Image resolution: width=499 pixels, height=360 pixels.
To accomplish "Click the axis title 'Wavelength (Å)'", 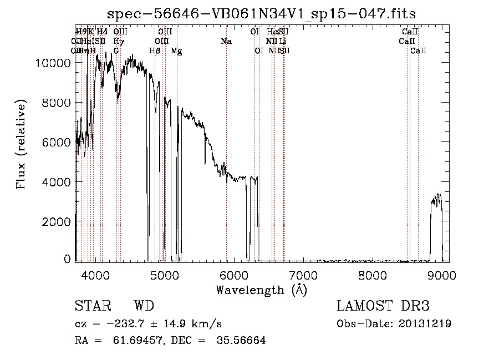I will point(261,290).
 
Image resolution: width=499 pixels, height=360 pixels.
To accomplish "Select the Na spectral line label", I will point(226,41).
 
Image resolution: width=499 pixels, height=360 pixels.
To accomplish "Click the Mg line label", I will point(176,51).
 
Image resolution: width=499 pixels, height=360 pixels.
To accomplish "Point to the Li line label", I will point(283,41).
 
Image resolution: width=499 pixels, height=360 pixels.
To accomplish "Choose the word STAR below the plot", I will point(92,306).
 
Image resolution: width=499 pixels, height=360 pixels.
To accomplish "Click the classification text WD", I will point(144,306).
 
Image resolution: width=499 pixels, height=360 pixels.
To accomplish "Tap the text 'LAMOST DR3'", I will point(383,306).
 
